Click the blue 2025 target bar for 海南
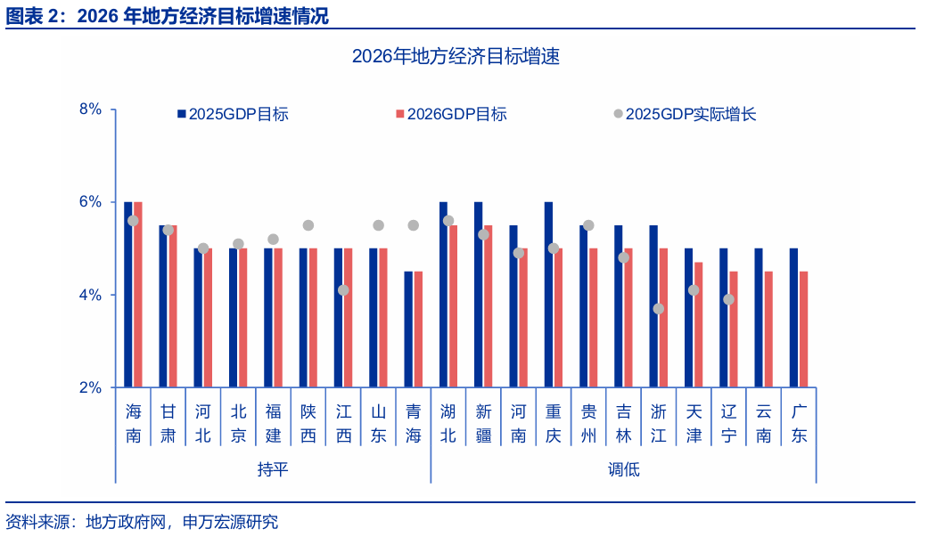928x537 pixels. click(x=128, y=295)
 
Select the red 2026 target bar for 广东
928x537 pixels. click(x=803, y=330)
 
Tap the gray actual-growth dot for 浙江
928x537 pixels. click(x=659, y=308)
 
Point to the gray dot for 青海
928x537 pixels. click(x=414, y=225)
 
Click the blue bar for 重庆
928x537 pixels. click(x=548, y=295)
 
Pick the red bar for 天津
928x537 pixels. click(x=698, y=325)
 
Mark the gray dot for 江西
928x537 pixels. click(x=343, y=290)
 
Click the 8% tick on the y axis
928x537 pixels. click(x=92, y=110)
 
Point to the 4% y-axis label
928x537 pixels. click(x=92, y=295)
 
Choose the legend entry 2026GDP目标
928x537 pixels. click(x=456, y=114)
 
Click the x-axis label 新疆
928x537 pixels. click(x=483, y=423)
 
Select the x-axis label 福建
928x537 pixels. click(x=273, y=423)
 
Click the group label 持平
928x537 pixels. click(x=273, y=469)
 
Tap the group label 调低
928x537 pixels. click(x=624, y=469)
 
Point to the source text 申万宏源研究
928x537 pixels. click(x=230, y=522)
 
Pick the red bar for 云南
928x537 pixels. click(x=768, y=330)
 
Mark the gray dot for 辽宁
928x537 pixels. click(x=729, y=299)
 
